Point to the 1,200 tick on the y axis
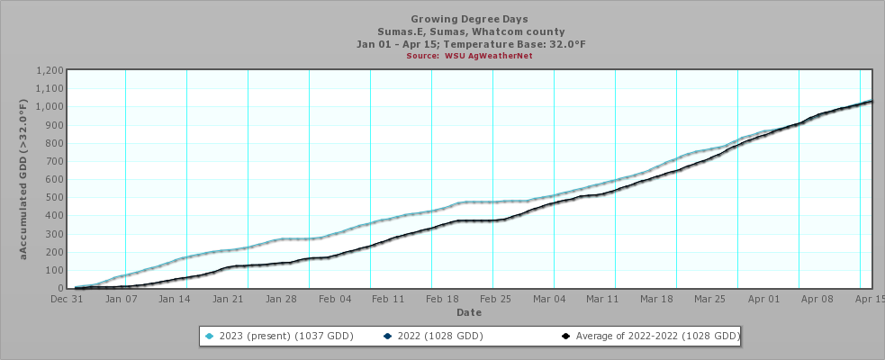click(49, 71)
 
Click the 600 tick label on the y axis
click(54, 180)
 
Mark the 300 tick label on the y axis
click(54, 234)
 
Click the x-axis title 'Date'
click(468, 312)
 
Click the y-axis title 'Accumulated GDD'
click(25, 180)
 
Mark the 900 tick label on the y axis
click(54, 125)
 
